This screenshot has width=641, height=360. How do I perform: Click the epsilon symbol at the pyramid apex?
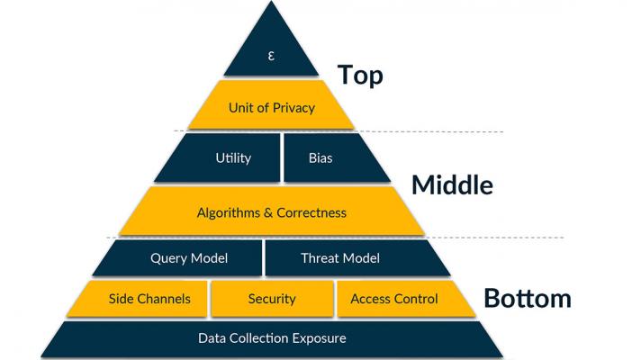(x=271, y=56)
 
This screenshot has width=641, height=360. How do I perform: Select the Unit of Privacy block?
(x=271, y=108)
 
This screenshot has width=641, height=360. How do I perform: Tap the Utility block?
(x=233, y=158)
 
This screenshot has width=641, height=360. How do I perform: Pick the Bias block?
(x=320, y=158)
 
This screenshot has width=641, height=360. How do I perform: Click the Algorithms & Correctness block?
(x=271, y=212)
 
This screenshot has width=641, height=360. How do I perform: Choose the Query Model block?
(x=189, y=258)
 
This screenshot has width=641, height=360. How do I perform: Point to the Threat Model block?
(x=339, y=258)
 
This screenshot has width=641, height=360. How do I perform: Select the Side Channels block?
(x=149, y=299)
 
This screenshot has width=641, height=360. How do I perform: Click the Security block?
(x=271, y=299)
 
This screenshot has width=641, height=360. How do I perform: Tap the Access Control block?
(x=394, y=299)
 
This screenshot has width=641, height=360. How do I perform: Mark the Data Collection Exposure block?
(x=271, y=338)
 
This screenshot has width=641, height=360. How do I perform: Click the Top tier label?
(x=360, y=76)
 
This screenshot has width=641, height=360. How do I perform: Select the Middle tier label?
(x=452, y=185)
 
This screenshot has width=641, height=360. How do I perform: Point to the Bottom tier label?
(x=528, y=298)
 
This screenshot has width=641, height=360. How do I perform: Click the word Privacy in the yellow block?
(x=294, y=108)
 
